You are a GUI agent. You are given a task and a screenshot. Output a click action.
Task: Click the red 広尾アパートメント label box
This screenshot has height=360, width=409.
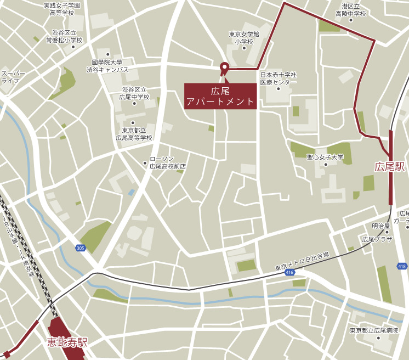[x=220, y=96]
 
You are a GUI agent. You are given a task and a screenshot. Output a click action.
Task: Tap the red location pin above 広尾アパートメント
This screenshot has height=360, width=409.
[x=224, y=68]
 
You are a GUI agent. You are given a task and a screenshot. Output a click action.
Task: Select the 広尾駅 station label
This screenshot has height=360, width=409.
[x=390, y=166]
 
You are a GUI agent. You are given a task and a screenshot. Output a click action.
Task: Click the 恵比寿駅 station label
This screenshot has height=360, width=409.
[x=67, y=343]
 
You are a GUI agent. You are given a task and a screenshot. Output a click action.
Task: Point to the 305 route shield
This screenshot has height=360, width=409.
[x=81, y=248]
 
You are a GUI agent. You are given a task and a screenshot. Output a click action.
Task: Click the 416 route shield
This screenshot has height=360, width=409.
[x=289, y=273]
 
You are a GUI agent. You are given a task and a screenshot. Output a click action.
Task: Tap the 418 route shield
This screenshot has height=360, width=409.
[x=402, y=266]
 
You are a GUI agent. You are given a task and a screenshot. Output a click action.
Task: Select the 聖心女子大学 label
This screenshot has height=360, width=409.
[x=325, y=157]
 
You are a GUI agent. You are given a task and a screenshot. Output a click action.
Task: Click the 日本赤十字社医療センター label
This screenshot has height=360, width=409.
[x=278, y=78]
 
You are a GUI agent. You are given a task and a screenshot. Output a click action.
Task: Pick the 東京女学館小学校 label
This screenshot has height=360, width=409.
[x=244, y=37]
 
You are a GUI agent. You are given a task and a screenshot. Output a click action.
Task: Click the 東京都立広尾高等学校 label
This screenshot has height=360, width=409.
[x=134, y=134]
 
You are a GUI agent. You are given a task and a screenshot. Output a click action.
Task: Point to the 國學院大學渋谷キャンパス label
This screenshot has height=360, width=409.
[x=107, y=66]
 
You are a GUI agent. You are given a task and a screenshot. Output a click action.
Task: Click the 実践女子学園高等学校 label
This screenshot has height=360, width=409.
[x=61, y=8]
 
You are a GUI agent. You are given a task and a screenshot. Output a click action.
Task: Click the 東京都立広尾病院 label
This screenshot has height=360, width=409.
[x=375, y=330]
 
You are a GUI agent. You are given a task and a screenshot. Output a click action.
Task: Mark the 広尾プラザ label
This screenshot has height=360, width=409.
[x=377, y=239]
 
